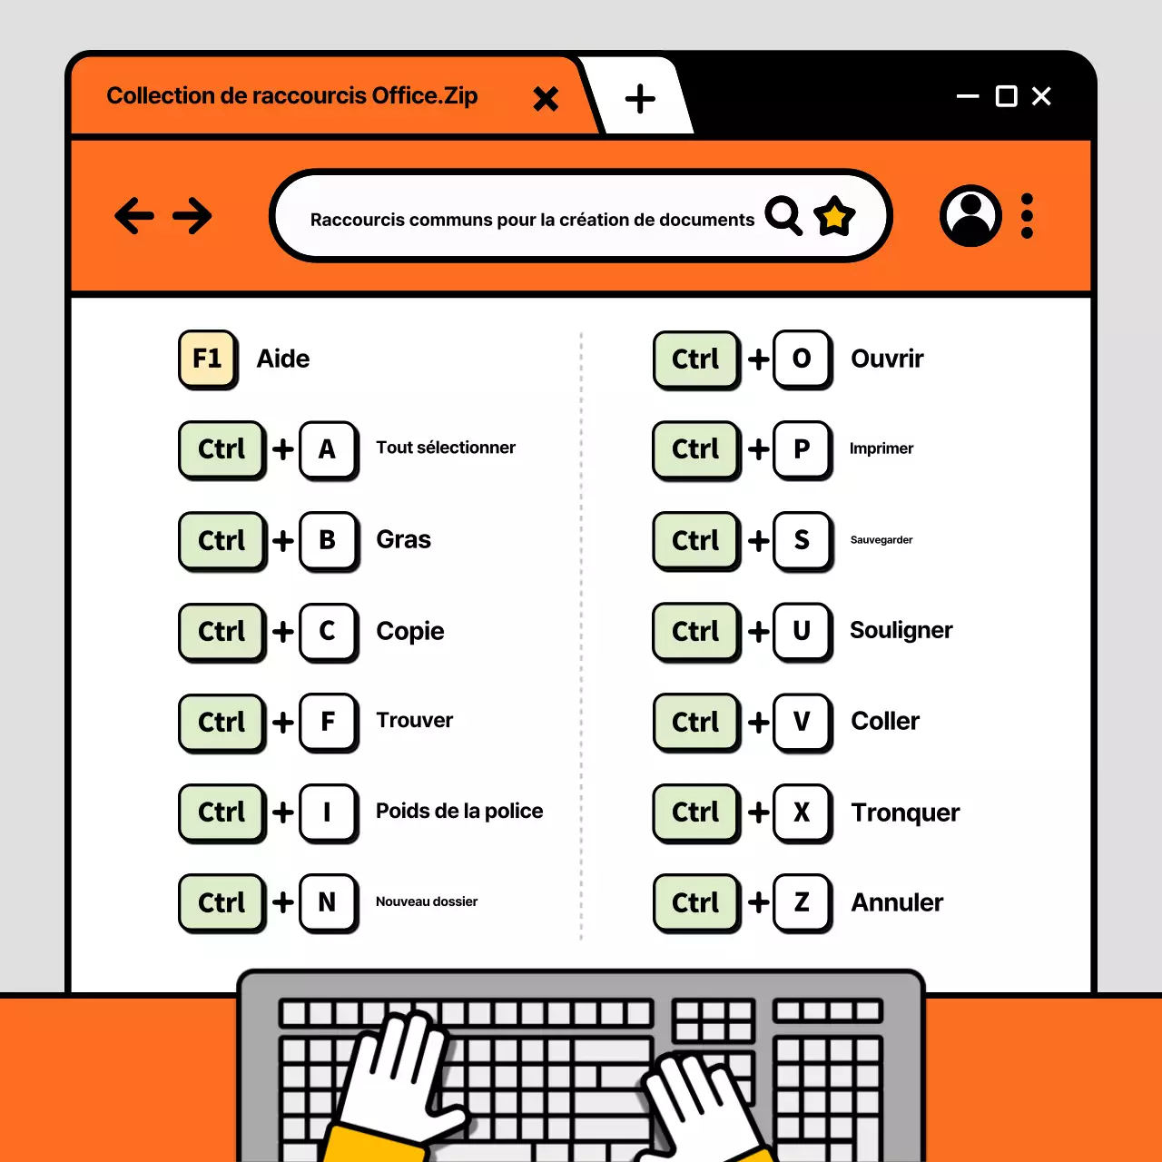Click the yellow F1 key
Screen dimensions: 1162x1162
208,359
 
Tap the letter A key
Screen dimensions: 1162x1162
328,448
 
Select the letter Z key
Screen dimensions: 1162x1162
802,902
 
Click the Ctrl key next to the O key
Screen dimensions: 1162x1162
695,359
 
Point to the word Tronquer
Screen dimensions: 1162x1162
905,812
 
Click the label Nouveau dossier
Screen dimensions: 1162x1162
427,901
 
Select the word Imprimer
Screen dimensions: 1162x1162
881,448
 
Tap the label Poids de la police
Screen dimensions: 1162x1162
459,811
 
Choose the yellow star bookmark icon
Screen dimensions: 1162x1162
834,216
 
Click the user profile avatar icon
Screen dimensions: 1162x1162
970,216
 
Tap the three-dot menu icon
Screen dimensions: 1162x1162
1027,216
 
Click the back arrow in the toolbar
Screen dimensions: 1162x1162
134,216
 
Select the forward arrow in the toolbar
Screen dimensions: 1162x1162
192,216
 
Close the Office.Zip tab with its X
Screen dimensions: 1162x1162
546,98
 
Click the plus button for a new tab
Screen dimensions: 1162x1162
640,98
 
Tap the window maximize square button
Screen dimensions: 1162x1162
1006,96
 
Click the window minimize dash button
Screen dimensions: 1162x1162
968,96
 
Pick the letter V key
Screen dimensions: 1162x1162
802,722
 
